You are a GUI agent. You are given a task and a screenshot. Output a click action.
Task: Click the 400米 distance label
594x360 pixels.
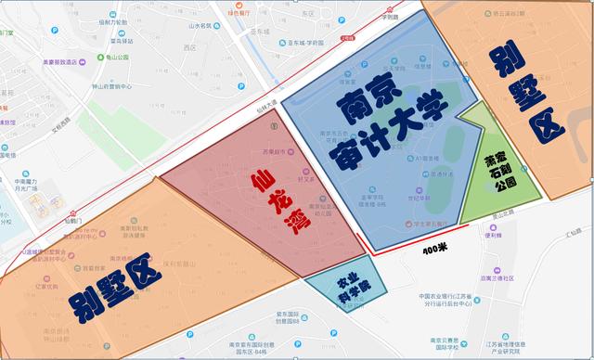(x=435, y=250)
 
